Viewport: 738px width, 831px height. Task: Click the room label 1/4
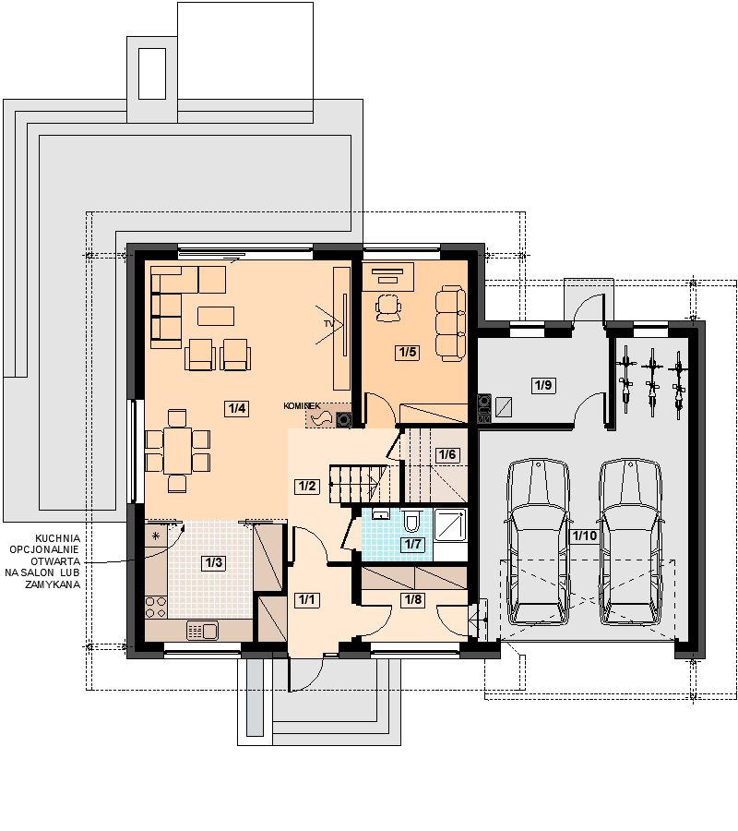click(237, 408)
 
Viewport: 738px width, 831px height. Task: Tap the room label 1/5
click(408, 353)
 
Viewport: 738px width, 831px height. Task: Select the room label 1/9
click(543, 385)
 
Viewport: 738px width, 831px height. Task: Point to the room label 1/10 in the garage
click(585, 536)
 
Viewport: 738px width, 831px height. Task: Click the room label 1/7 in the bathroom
click(412, 544)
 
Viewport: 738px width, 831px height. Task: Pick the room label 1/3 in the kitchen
click(214, 562)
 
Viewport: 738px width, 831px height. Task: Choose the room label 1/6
click(447, 454)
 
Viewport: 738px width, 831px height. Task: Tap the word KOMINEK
click(302, 406)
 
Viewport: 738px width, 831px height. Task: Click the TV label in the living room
click(329, 323)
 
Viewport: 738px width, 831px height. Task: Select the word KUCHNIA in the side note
click(58, 538)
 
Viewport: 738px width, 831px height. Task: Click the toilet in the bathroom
click(411, 521)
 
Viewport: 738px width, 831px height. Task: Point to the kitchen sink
click(202, 631)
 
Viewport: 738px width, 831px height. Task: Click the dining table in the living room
click(177, 451)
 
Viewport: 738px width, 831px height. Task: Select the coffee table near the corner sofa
click(216, 316)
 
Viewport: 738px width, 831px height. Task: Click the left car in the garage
click(538, 542)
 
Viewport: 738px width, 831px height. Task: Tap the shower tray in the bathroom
click(450, 524)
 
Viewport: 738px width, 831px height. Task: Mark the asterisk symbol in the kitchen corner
click(156, 536)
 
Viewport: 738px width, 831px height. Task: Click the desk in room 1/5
click(388, 277)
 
